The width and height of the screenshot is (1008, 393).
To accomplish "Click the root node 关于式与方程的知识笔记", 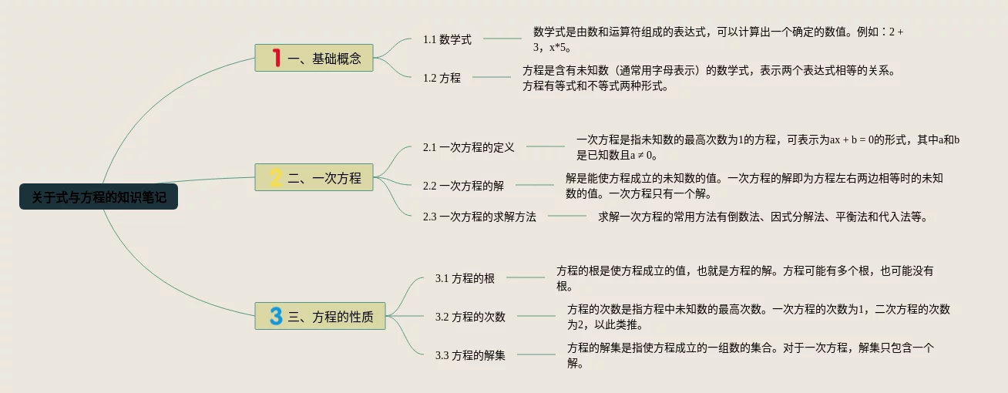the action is coord(99,197).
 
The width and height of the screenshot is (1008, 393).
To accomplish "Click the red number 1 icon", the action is coord(276,58).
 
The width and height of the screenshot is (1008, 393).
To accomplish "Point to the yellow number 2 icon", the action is coord(276,178).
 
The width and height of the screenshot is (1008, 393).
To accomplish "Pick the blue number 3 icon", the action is coord(276,316).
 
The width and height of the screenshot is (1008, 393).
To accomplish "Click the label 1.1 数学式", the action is coord(447,39).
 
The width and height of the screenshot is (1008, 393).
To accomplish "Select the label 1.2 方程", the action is coord(442,77).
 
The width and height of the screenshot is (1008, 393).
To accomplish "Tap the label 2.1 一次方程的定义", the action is coord(469,146).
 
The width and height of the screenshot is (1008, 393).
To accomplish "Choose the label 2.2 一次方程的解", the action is coord(463,185).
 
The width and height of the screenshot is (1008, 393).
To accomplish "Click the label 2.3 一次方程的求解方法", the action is coord(479,217).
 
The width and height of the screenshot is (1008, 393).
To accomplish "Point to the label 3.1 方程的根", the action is coord(465,278).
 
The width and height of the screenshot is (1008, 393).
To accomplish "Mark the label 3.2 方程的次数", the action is coord(470,316).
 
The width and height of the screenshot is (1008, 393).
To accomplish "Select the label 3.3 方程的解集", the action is coord(470,355).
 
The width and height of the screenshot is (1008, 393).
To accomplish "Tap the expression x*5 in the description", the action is coord(558,47).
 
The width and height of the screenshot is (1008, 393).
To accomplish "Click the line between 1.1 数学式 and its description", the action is coord(502,39).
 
